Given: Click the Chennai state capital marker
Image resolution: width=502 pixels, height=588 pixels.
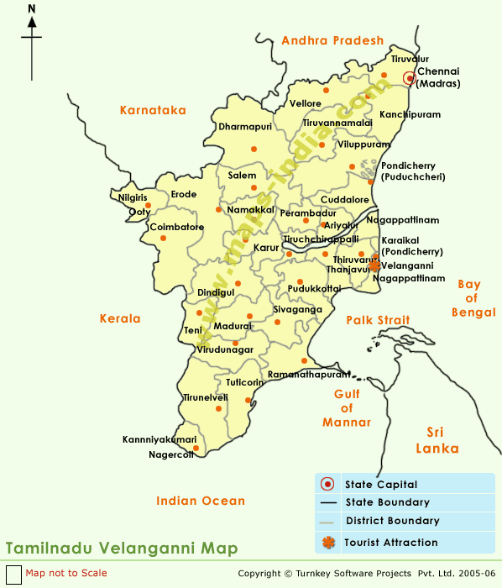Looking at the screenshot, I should (409, 78).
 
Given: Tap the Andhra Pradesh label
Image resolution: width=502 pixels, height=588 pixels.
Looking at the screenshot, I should (332, 40).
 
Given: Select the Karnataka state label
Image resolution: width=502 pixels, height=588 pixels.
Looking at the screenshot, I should (153, 110).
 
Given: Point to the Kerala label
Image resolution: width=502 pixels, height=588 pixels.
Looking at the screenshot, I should (119, 319).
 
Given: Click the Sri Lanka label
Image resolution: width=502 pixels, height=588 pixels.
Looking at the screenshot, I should (442, 440).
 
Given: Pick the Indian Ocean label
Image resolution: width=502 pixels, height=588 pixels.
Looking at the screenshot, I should (201, 501).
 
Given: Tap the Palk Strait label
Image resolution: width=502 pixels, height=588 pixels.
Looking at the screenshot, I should (379, 320).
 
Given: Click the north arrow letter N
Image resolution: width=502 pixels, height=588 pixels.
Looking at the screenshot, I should (32, 10).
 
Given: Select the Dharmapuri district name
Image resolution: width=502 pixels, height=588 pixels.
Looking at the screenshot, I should (246, 127).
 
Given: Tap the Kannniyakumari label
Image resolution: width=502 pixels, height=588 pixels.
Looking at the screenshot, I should (159, 439).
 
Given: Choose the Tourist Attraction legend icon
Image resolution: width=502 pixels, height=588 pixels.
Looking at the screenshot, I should (328, 543).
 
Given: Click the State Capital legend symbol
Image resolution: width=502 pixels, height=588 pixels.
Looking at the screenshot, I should (328, 484).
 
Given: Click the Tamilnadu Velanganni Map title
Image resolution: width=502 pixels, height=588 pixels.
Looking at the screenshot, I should (122, 549).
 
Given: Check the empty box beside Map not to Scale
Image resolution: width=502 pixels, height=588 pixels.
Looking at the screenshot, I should (12, 574).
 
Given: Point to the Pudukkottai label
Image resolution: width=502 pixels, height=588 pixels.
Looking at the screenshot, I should (314, 288).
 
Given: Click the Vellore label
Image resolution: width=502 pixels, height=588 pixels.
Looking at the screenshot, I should (306, 103).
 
